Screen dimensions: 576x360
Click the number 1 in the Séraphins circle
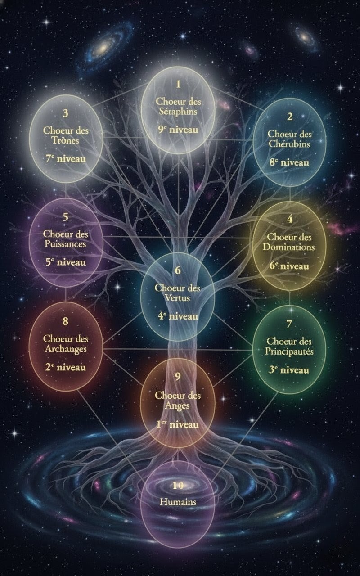(x=178, y=84)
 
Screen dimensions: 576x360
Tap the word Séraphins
(x=178, y=112)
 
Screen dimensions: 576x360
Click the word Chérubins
(x=289, y=144)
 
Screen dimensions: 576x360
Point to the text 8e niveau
(x=289, y=162)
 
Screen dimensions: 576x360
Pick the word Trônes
(x=66, y=140)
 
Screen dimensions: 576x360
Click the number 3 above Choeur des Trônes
(x=66, y=113)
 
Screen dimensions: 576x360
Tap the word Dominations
(x=289, y=247)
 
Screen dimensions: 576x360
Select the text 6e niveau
(x=289, y=266)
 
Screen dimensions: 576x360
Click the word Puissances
(x=66, y=244)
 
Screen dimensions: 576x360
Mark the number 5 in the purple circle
(x=66, y=217)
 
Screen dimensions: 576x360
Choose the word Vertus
(x=178, y=297)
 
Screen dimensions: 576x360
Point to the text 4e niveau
(x=178, y=316)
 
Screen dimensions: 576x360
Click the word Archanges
(x=66, y=348)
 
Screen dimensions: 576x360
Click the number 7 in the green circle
(x=289, y=324)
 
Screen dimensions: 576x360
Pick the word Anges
(x=177, y=405)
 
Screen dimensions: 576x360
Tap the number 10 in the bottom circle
(x=178, y=485)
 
